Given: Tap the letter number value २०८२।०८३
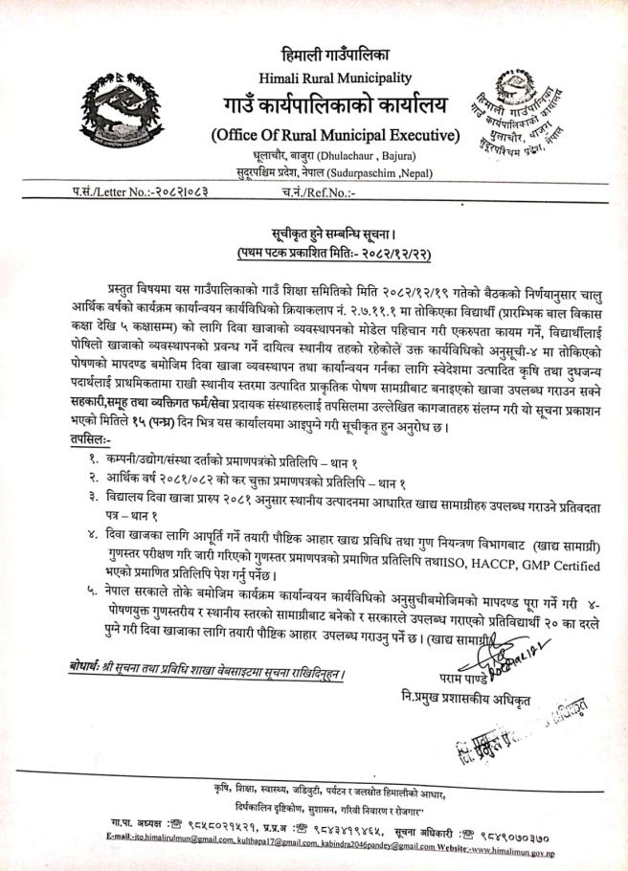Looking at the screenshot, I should pos(173,192).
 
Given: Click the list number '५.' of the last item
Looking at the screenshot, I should pos(91,594).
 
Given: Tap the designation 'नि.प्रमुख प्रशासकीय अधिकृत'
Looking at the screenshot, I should pos(465,698).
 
